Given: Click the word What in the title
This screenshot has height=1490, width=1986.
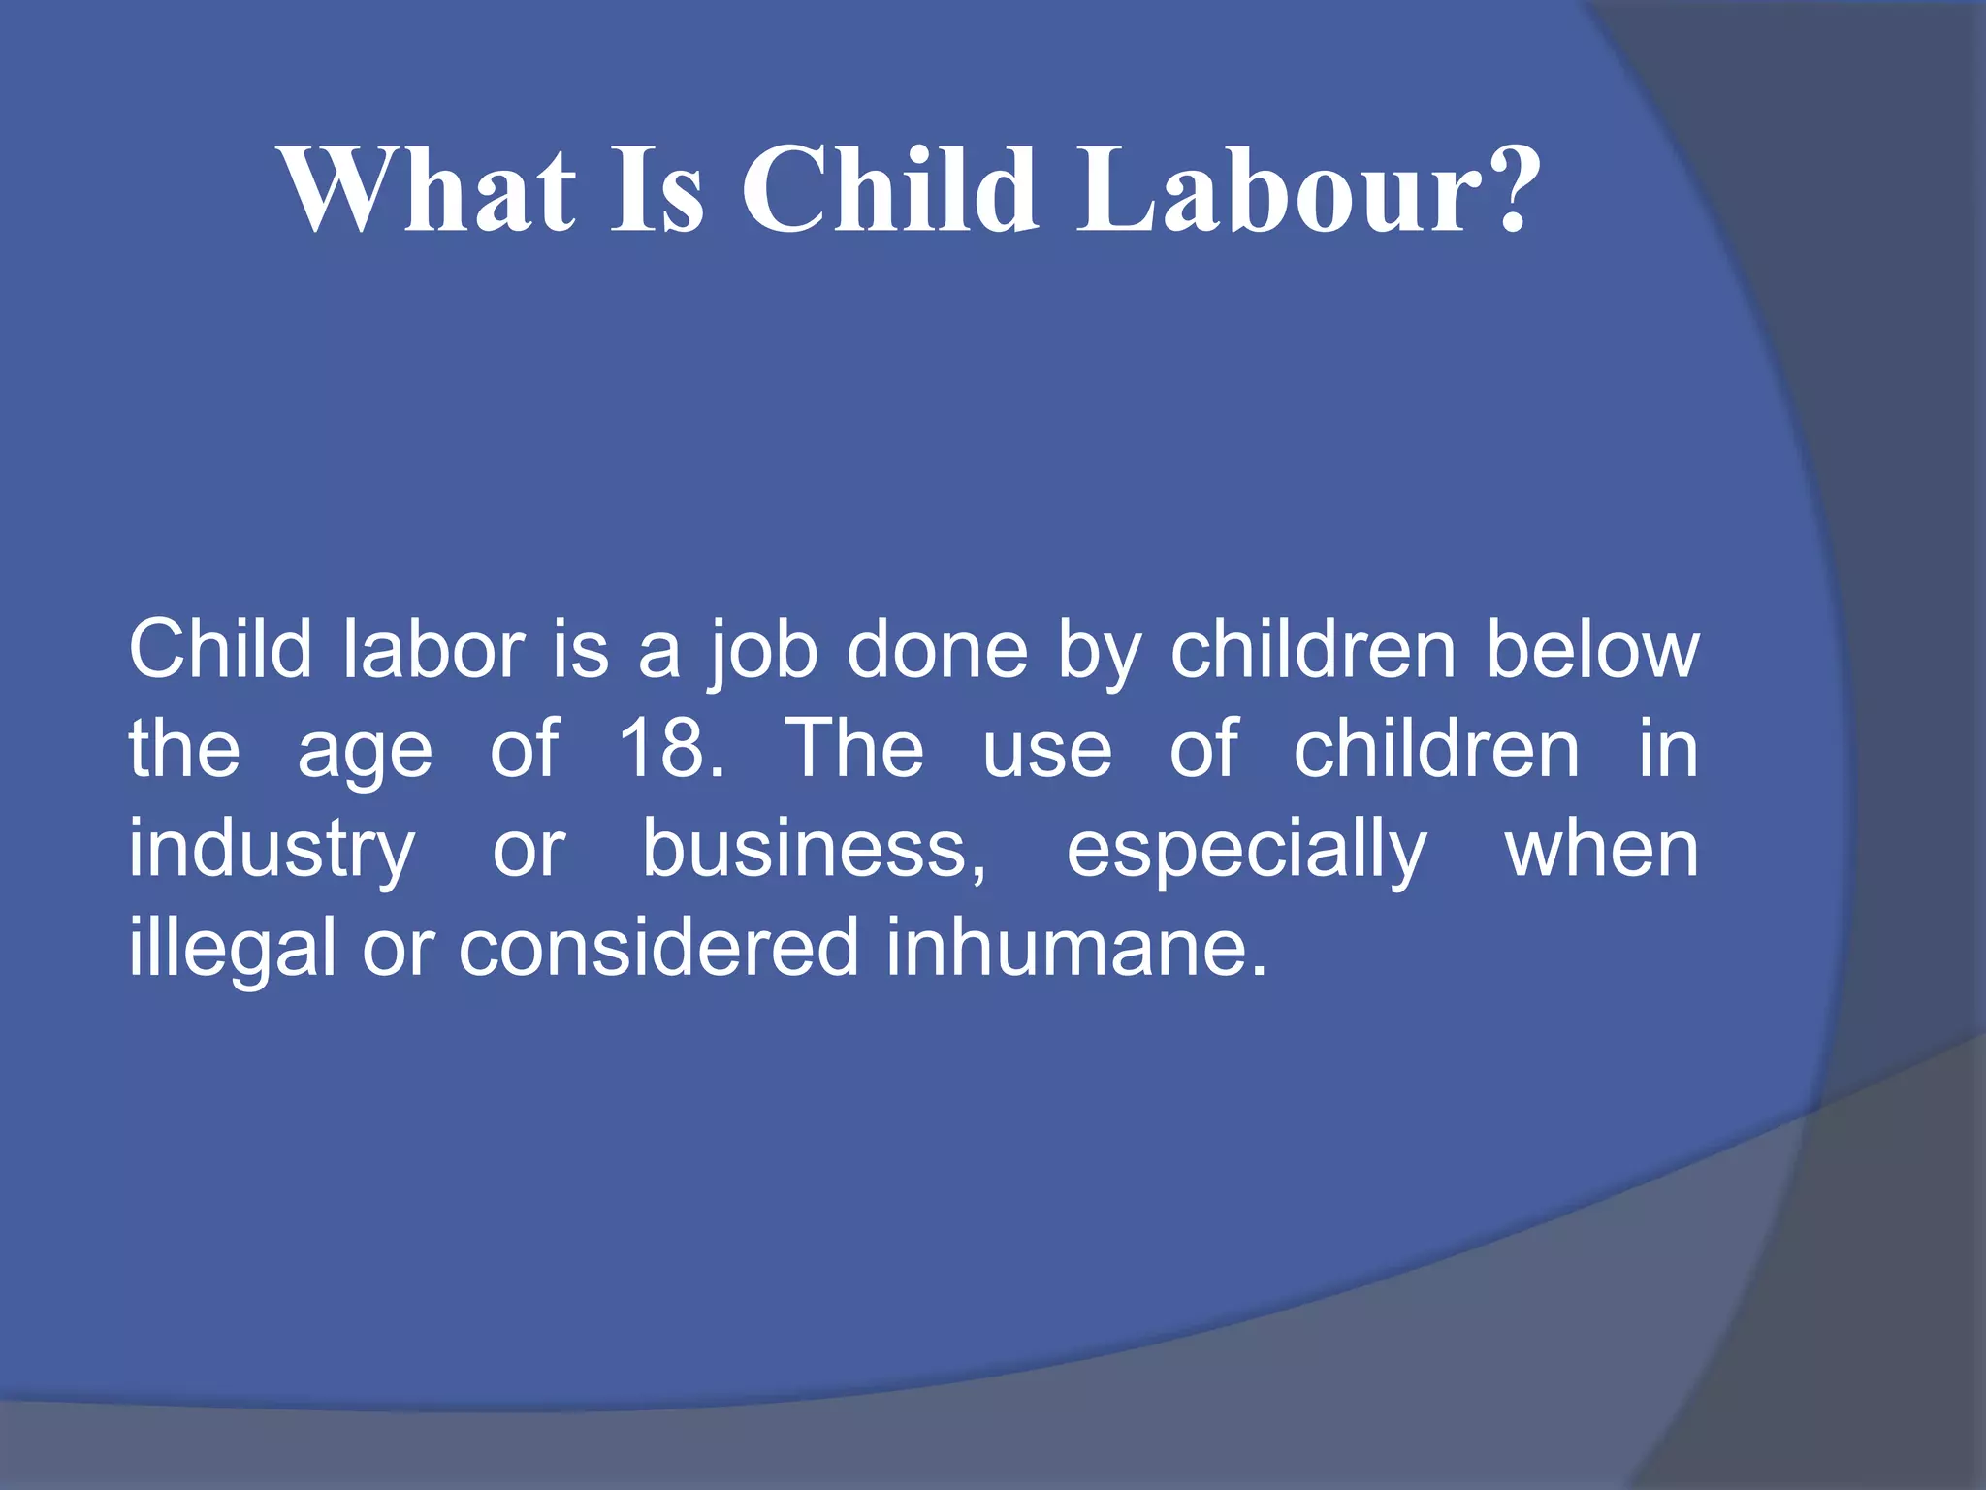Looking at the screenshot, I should [x=428, y=189].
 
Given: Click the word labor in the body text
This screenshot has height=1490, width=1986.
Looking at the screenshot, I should [x=433, y=650].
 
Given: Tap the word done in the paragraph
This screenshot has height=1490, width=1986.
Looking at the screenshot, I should [x=937, y=650].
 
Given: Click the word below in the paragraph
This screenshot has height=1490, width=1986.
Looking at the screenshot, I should [x=1593, y=650].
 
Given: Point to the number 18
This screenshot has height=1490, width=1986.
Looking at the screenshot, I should [x=663, y=749].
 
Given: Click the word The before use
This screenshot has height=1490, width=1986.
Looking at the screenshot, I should [x=854, y=749].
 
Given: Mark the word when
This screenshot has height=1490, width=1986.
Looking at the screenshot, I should [x=1601, y=849].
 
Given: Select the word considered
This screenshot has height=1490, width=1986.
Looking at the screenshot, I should [x=659, y=948].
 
